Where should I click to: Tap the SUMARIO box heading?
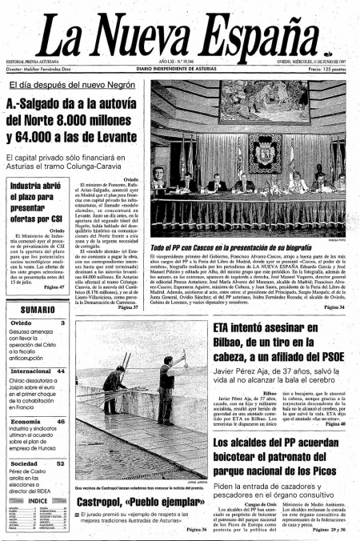coord(38,309)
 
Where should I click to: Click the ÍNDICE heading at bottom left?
coord(38,501)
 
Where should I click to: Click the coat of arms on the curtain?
coord(262,152)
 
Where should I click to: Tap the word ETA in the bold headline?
coord(227,328)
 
